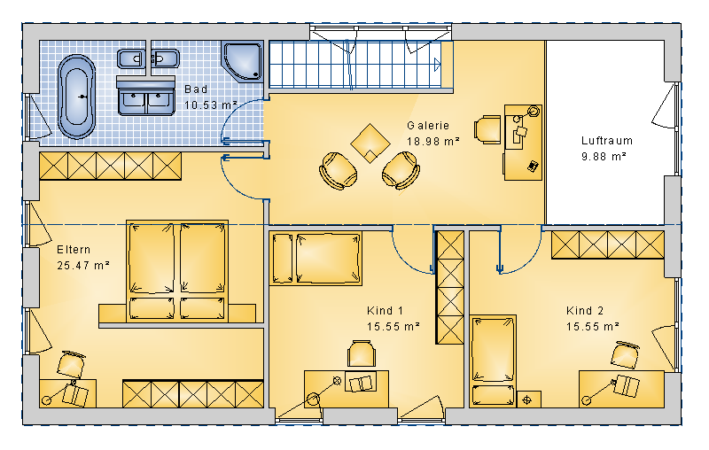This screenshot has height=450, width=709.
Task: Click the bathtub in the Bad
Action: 76,97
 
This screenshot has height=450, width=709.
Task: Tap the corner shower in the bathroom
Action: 243,61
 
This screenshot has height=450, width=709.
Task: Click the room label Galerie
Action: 428,126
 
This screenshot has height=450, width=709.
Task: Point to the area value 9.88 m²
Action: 604,156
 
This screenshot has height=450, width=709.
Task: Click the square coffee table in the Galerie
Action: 370,144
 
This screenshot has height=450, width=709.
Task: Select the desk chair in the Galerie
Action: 487,130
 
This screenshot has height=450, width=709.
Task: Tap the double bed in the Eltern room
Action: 177,271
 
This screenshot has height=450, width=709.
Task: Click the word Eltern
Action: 74,250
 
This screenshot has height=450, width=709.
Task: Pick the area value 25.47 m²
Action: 83,265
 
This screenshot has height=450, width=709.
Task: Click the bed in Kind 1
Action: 316,259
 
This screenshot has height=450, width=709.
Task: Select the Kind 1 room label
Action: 385,311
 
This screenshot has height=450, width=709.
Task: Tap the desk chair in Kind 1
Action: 362,353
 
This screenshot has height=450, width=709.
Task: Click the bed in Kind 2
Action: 493,361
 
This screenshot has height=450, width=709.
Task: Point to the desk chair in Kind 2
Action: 625,354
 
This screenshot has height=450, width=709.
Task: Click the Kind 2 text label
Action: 585,311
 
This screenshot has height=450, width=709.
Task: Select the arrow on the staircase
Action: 437,65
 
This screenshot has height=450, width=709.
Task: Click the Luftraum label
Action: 607,141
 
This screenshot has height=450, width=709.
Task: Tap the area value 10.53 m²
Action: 211,105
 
